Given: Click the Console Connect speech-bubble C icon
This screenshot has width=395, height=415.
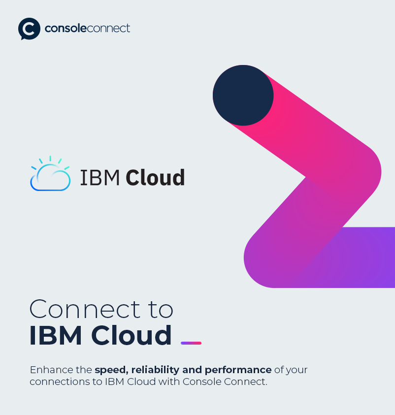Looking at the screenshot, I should tap(29, 29).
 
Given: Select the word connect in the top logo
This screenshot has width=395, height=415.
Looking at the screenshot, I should tap(109, 29).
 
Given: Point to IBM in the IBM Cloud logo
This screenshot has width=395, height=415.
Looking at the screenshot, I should tap(100, 178).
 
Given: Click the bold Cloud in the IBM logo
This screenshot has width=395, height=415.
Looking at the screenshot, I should tap(155, 178).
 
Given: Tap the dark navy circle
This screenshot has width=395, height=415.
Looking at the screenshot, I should tap(243, 95).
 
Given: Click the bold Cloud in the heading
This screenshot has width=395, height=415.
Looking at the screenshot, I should tap(132, 335).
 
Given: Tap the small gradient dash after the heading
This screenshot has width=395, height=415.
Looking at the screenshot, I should tap(191, 343).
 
